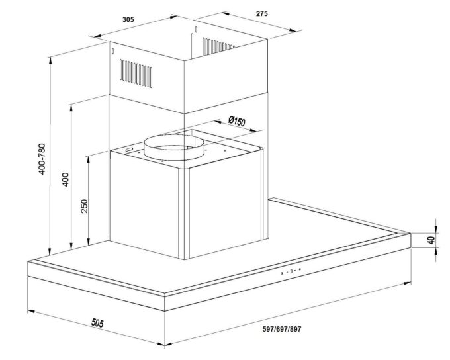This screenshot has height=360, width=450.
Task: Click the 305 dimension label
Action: tap(128, 19)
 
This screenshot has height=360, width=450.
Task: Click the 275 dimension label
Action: tap(262, 13)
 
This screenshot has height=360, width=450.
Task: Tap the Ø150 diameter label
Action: tap(237, 122)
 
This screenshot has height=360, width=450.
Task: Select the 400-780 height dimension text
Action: tap(42, 159)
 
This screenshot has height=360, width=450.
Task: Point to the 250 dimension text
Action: tap(84, 206)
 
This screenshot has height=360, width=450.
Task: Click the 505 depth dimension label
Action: tap(97, 323)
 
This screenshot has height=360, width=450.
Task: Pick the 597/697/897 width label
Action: tap(282, 329)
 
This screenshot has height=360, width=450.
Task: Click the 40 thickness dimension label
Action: tap(431, 240)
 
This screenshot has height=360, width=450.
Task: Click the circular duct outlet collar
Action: tap(174, 148)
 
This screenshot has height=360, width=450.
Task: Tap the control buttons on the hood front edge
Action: tap(291, 271)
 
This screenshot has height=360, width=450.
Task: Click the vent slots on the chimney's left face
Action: tap(136, 73)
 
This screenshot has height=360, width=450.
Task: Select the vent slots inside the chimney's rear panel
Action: tap(218, 46)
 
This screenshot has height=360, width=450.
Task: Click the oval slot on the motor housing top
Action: tap(129, 150)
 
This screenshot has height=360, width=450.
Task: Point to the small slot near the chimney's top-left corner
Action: tap(112, 51)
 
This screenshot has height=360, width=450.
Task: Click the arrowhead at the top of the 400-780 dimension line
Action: tap(50, 60)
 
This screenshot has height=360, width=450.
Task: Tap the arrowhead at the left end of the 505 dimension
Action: tap(30, 311)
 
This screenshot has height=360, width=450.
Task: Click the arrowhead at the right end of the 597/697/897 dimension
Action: tap(407, 283)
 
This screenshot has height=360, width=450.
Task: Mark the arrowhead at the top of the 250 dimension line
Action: tap(89, 159)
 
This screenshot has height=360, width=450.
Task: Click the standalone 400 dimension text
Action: tap(66, 179)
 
